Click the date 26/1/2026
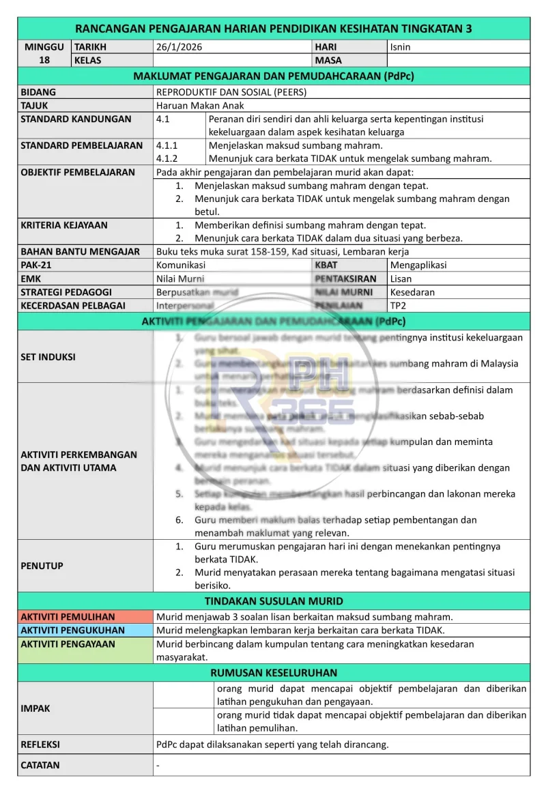[179, 47]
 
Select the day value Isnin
[400, 47]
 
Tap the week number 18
[44, 60]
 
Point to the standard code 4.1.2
[167, 158]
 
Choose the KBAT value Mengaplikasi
[418, 265]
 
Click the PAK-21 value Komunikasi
[181, 265]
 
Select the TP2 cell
[398, 305]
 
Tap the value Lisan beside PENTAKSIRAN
[401, 278]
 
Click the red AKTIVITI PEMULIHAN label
[68, 617]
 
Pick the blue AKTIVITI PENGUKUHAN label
[72, 630]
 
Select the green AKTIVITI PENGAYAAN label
[68, 644]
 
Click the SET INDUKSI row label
[48, 356]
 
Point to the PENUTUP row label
[42, 565]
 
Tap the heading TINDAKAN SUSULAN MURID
[274, 601]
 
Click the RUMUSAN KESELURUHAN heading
[274, 672]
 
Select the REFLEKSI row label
[40, 744]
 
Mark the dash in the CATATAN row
[158, 765]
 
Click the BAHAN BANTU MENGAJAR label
[80, 251]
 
